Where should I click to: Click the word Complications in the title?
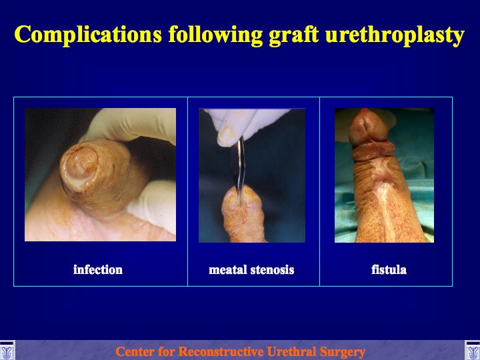point(88,34)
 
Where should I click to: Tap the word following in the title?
point(215,34)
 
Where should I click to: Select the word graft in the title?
point(294,34)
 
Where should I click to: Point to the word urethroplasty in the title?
point(395,34)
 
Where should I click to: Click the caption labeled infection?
point(98,270)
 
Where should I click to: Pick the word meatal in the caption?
point(228,270)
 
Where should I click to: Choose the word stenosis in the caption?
point(273,270)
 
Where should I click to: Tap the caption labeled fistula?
point(389,270)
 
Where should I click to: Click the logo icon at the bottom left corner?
point(7,350)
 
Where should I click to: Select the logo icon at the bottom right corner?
point(473,350)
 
